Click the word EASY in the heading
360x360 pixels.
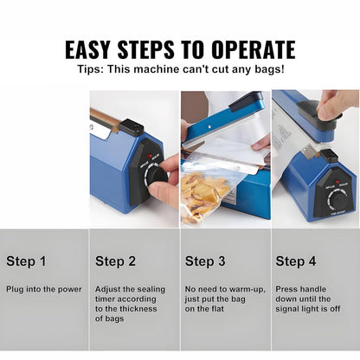pyautogui.click(x=87, y=49)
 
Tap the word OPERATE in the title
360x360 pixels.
pyautogui.click(x=254, y=49)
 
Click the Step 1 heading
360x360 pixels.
pyautogui.click(x=26, y=261)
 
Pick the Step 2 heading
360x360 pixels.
pyautogui.click(x=115, y=261)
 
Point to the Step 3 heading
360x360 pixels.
pyautogui.click(x=205, y=261)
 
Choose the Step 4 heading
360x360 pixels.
pyautogui.click(x=296, y=261)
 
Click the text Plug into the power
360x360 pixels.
pyautogui.click(x=44, y=289)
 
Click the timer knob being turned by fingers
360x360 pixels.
pyautogui.click(x=156, y=177)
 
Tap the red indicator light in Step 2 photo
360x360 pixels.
pyautogui.click(x=150, y=156)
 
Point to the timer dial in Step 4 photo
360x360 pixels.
pyautogui.click(x=337, y=200)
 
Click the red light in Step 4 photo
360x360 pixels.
pyautogui.click(x=337, y=182)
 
